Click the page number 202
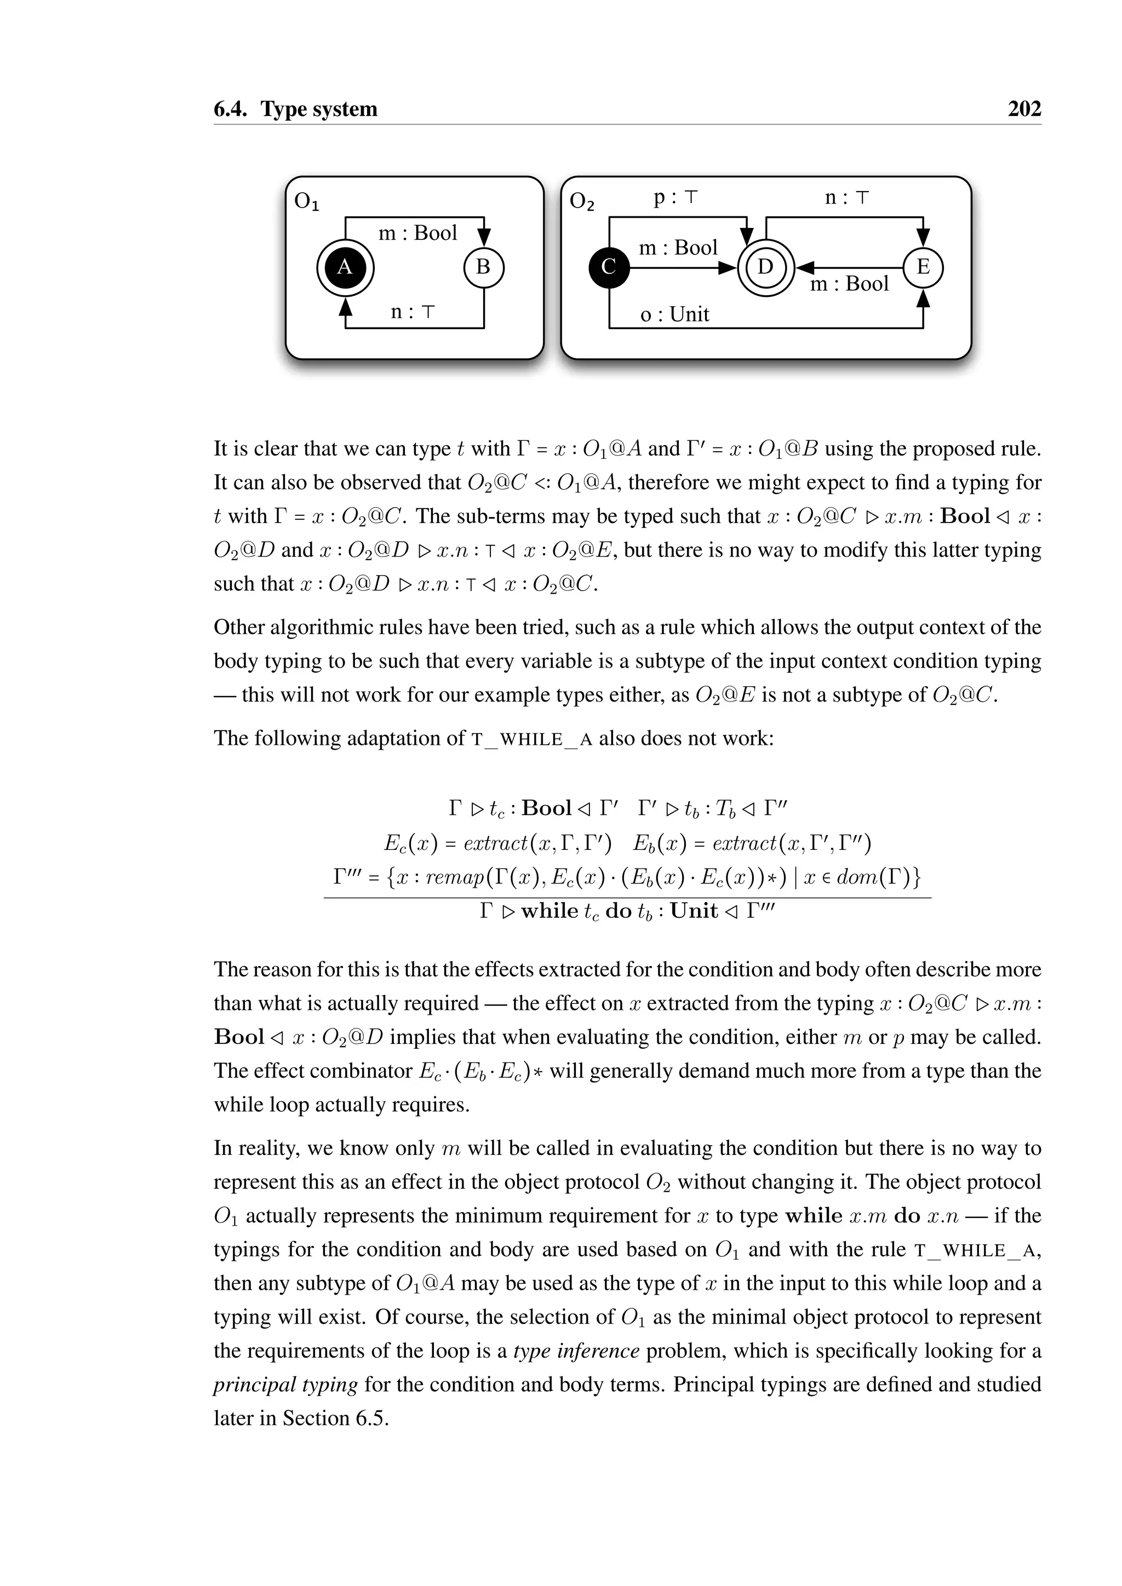click(1024, 109)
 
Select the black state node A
click(345, 267)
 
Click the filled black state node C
click(609, 267)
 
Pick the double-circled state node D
click(765, 267)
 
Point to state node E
click(923, 267)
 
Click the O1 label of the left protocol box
click(306, 202)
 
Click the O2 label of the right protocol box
click(582, 202)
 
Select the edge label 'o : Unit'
click(674, 315)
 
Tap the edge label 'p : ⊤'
click(676, 198)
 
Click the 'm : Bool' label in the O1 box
click(417, 233)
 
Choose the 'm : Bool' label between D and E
click(849, 284)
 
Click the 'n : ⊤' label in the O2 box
click(846, 198)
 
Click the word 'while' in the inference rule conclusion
click(549, 911)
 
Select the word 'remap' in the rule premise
click(454, 878)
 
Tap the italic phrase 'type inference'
click(576, 1351)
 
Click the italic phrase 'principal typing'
click(285, 1385)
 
